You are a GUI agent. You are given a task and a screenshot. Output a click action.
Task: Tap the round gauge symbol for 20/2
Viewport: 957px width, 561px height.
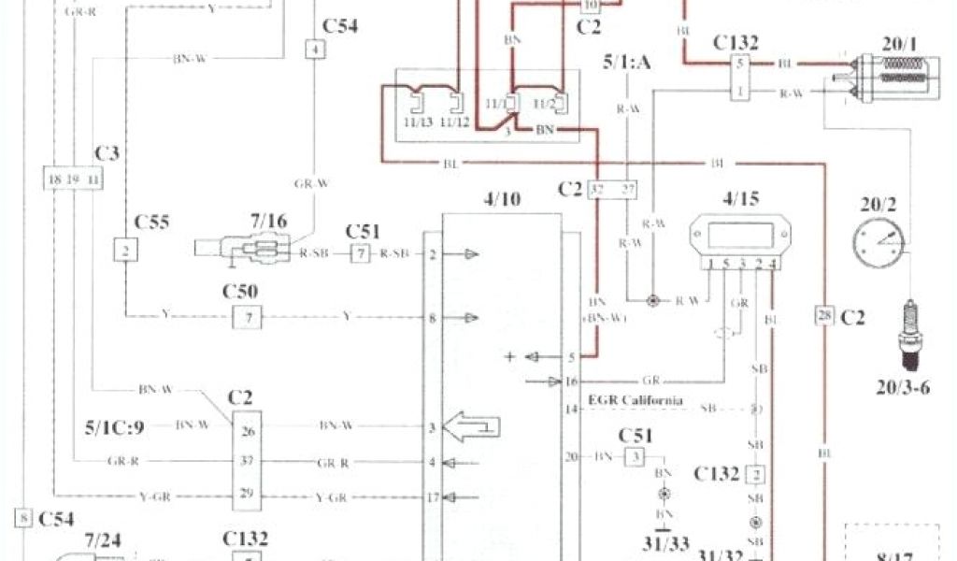point(878,241)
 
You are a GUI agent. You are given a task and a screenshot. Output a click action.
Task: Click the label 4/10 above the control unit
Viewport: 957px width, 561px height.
point(501,198)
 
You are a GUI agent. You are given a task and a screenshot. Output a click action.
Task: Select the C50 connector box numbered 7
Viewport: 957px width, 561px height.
point(248,318)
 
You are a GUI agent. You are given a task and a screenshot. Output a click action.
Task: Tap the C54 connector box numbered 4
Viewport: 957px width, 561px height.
point(317,50)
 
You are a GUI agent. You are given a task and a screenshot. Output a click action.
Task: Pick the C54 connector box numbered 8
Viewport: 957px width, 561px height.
point(22,517)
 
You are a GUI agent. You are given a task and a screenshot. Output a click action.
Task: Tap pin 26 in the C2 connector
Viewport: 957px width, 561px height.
point(247,431)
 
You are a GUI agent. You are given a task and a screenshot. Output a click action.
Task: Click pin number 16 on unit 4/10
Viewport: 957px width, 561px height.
point(572,381)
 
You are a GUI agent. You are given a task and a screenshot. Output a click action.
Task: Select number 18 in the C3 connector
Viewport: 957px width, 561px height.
point(55,177)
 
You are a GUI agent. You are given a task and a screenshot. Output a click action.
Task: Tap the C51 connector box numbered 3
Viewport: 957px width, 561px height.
point(635,456)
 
